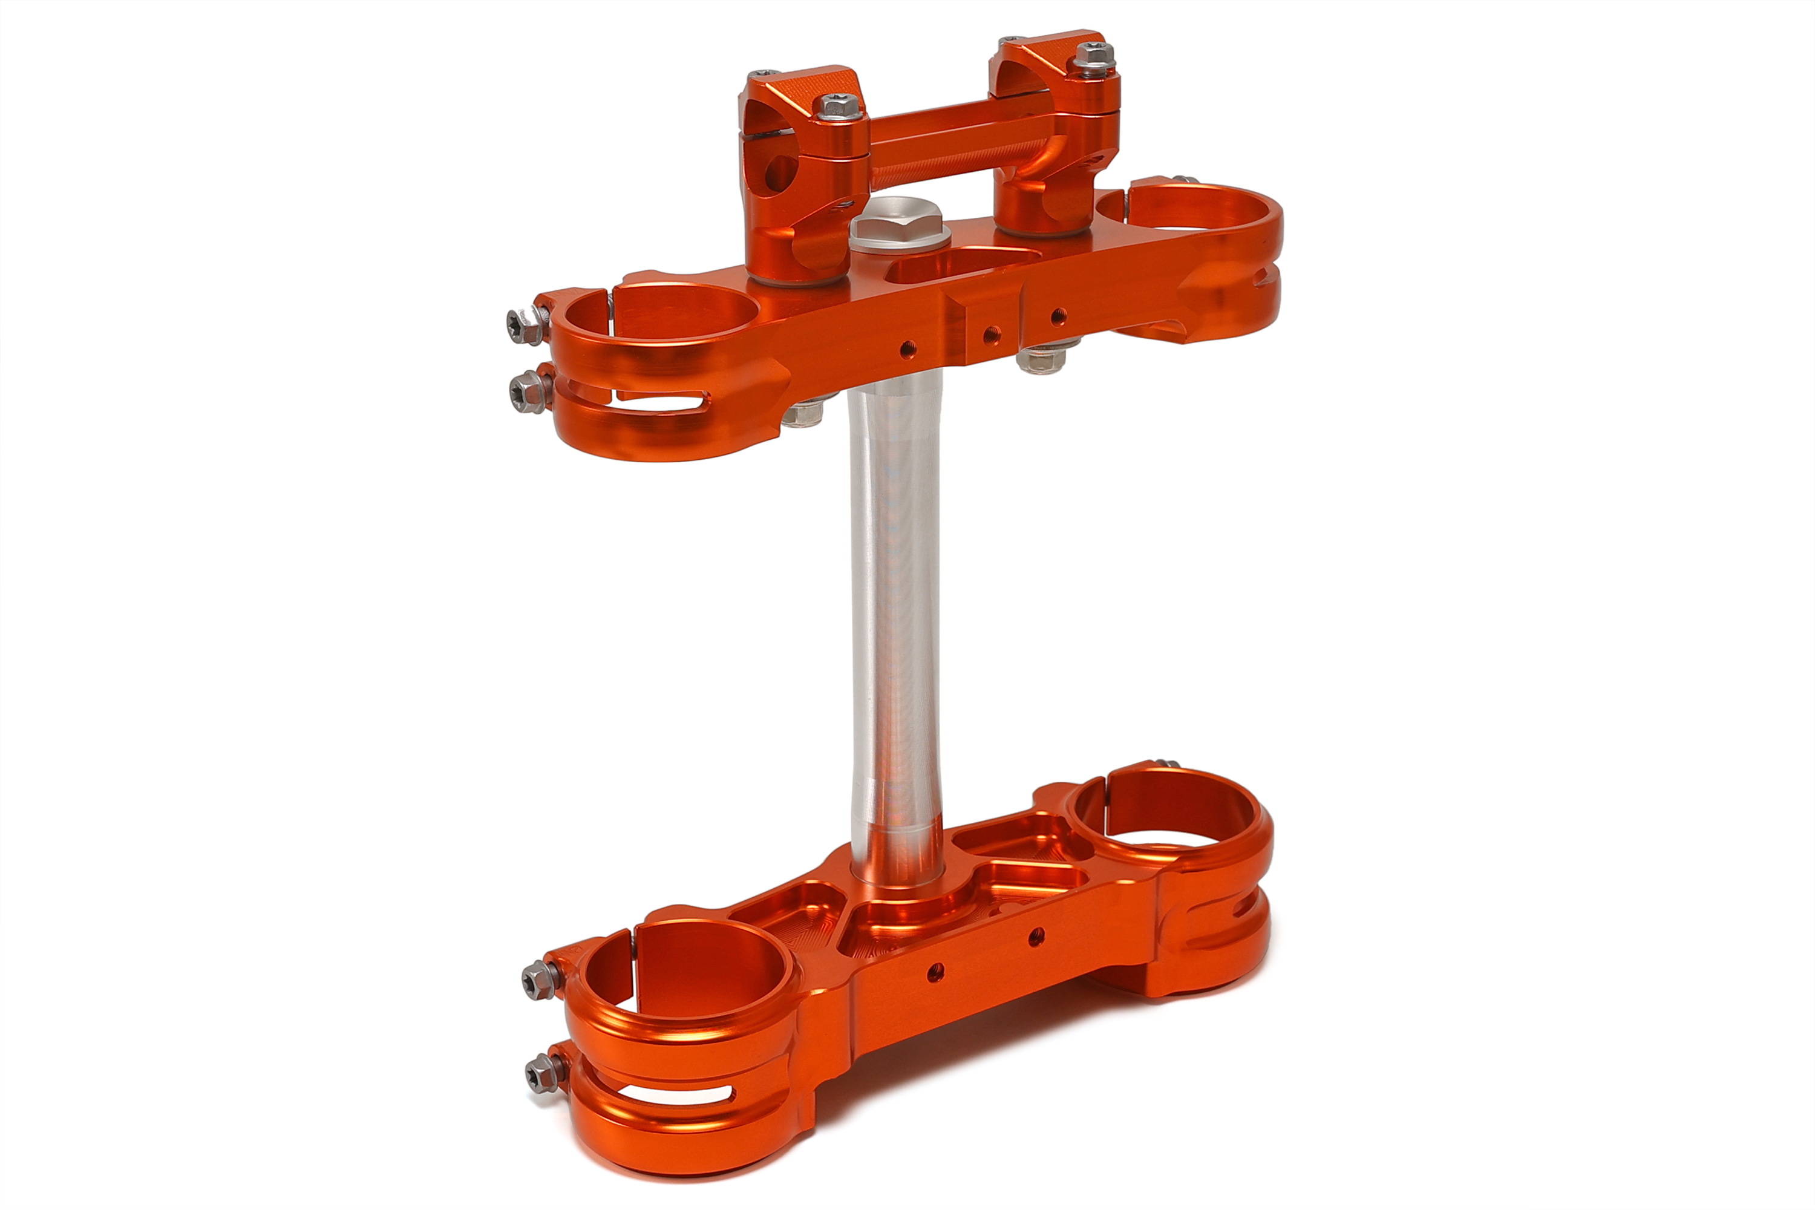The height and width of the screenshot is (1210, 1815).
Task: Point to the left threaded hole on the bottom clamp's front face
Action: (935, 972)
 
